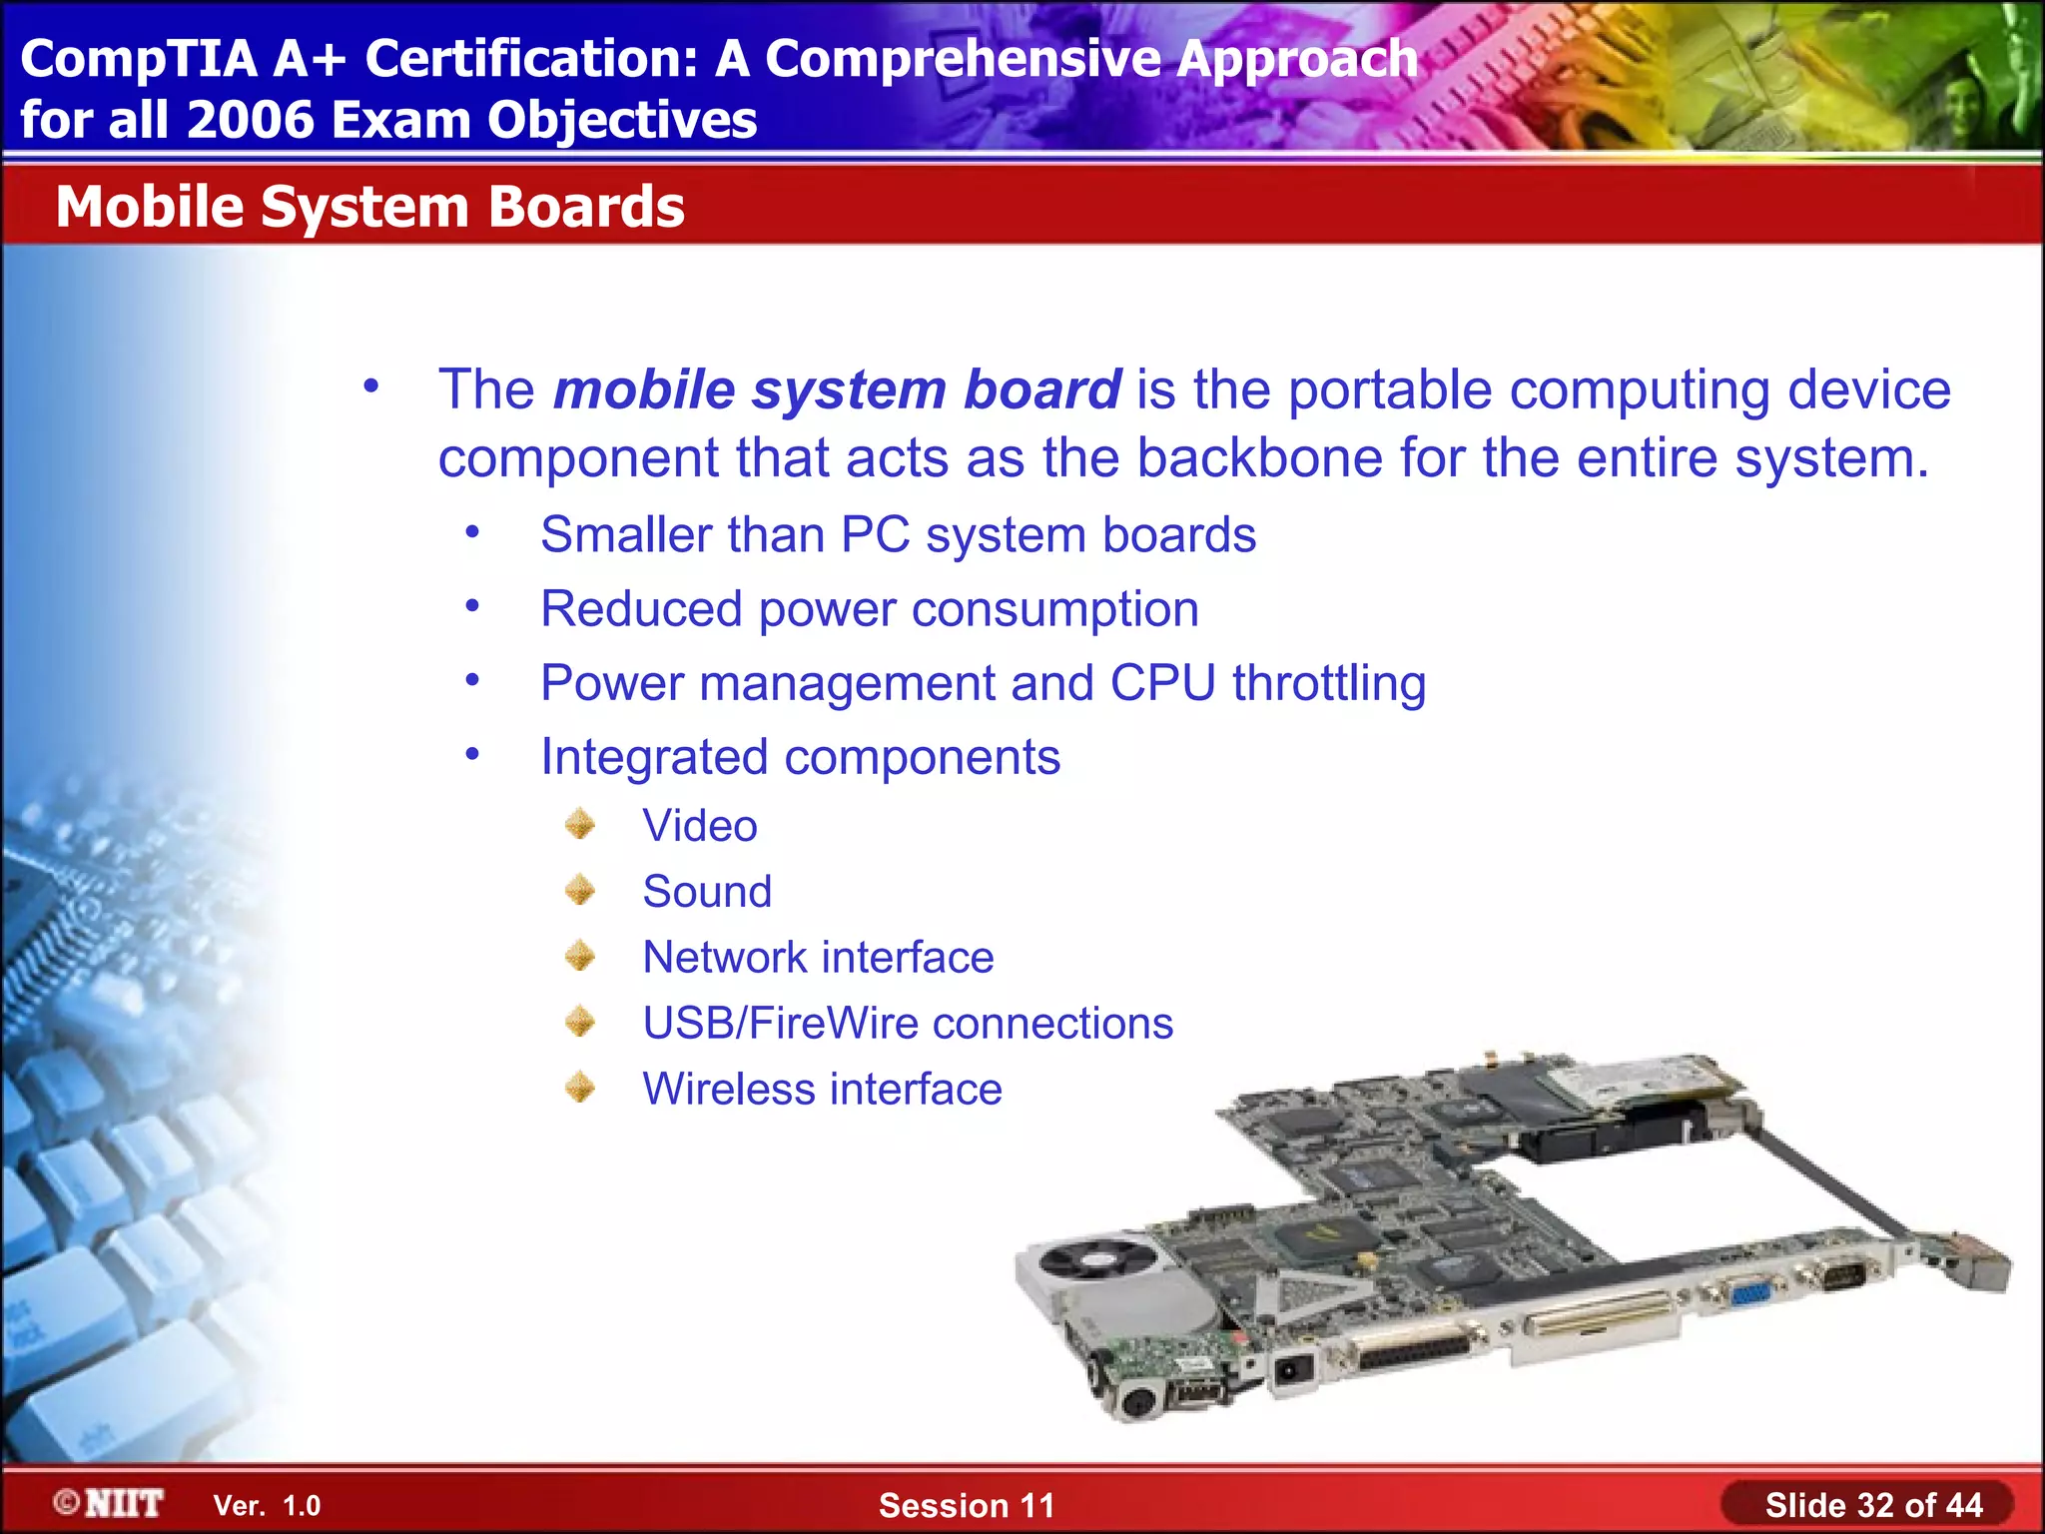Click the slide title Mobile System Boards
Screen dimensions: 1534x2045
pos(369,207)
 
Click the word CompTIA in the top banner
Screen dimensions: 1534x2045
pos(139,59)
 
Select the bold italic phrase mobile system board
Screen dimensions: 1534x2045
pos(837,389)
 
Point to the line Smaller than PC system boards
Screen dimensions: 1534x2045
pos(897,535)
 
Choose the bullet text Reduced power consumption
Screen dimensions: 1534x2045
pos(869,609)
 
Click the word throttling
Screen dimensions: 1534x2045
pos(1328,684)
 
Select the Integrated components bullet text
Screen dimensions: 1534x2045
pos(799,757)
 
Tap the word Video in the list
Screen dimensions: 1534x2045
pos(699,826)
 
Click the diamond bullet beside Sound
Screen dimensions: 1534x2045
pos(579,890)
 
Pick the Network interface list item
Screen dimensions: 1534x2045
pos(817,958)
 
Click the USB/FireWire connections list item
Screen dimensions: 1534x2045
pos(907,1024)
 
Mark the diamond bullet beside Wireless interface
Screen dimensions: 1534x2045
pos(579,1088)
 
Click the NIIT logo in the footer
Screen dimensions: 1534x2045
pos(110,1503)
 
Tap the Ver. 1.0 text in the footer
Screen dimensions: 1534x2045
pos(267,1506)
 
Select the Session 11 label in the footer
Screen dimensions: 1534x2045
pos(966,1505)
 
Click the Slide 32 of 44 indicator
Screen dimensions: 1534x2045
pos(1873,1505)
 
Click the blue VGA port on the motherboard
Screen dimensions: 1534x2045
pos(1749,1294)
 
